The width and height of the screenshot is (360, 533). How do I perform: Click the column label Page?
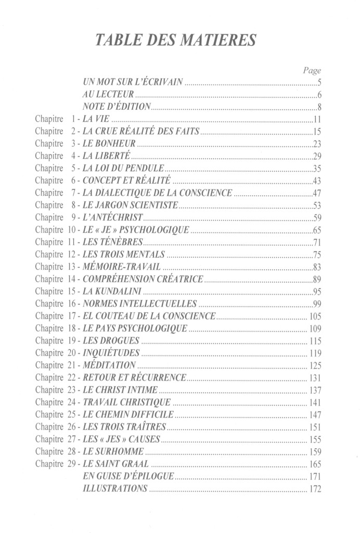(312, 70)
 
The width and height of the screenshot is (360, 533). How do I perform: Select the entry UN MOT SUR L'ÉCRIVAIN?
(134, 83)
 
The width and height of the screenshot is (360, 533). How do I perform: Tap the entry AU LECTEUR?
(109, 95)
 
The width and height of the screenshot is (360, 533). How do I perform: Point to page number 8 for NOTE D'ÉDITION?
(319, 108)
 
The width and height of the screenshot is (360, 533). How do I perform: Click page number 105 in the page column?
(314, 316)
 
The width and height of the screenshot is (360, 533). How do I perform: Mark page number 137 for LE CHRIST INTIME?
(314, 390)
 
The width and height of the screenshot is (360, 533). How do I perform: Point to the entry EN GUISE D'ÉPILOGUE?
(128, 476)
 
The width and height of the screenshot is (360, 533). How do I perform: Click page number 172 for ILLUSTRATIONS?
(314, 489)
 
